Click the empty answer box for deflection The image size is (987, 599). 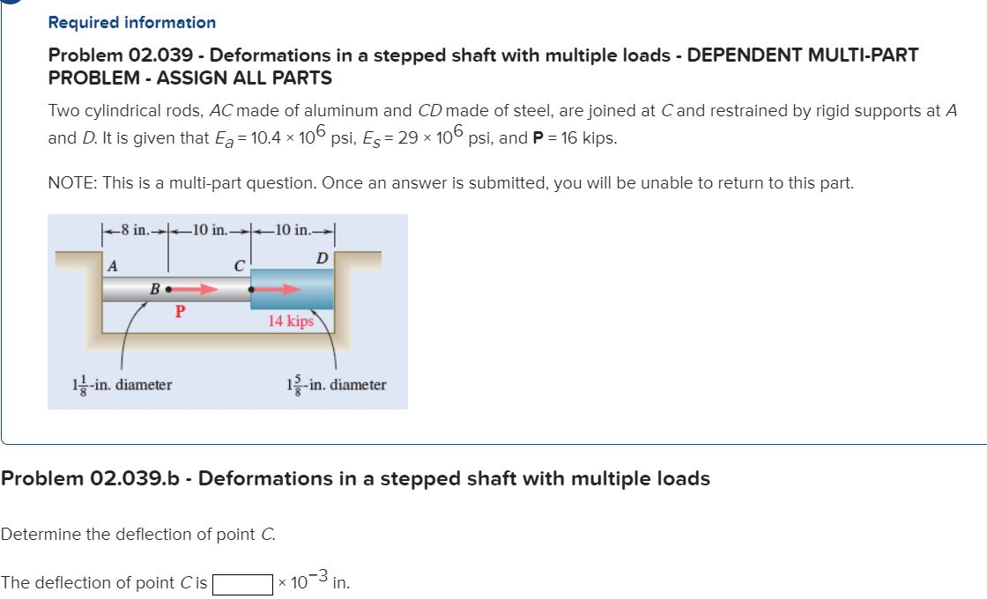point(241,583)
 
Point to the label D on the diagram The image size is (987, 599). point(323,257)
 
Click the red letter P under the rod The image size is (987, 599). point(179,310)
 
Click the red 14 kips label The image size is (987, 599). point(291,322)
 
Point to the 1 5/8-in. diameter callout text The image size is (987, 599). point(336,385)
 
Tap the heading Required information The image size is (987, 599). point(131,22)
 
